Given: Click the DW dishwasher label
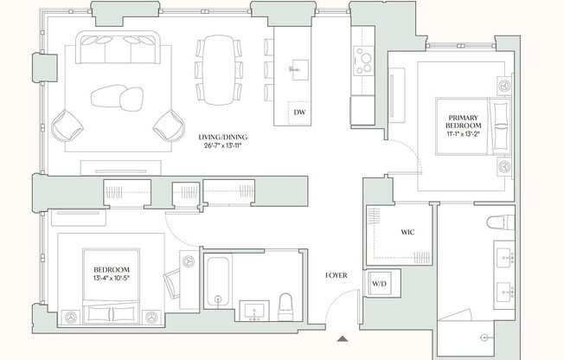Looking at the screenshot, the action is [x=299, y=112].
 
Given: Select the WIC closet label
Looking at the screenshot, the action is [x=407, y=232].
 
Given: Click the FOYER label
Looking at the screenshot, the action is [x=336, y=275].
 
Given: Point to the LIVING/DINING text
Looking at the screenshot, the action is [x=223, y=137].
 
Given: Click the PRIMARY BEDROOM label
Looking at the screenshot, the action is [x=464, y=122].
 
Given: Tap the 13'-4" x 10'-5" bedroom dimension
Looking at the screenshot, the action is [x=112, y=278].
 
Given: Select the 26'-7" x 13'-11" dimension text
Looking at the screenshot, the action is [x=223, y=145].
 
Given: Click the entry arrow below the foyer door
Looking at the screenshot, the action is [x=343, y=338].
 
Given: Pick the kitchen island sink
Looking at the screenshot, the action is [x=299, y=70].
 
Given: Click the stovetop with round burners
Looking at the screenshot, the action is [x=363, y=61].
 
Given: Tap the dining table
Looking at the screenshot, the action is [x=219, y=70].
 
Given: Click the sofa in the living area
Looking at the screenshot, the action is [x=118, y=48].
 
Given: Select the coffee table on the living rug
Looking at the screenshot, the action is [x=118, y=98].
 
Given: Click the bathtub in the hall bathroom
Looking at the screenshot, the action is [x=218, y=281].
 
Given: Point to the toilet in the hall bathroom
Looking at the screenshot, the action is [x=285, y=307].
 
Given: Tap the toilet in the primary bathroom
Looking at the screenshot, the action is [x=500, y=222].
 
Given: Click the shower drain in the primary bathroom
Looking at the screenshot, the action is [x=484, y=337].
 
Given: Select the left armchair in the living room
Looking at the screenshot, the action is [x=67, y=125].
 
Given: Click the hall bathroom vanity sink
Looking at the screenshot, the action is [x=254, y=311].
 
